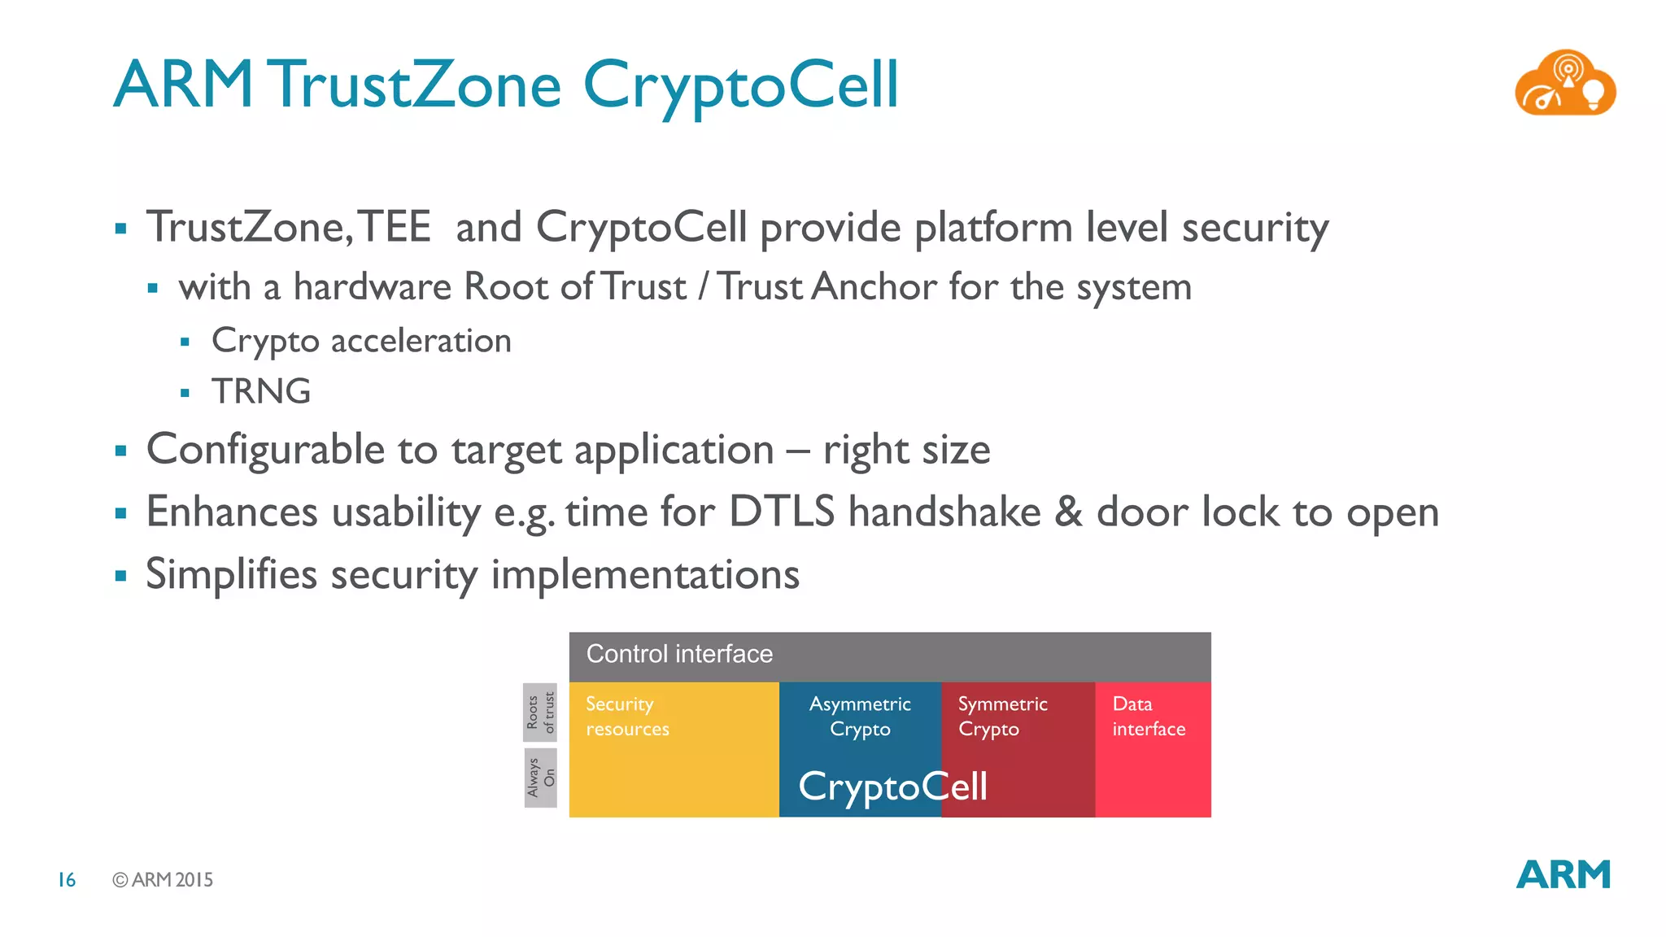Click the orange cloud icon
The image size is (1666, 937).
click(1564, 84)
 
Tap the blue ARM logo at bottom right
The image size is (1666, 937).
click(1563, 875)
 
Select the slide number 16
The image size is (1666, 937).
click(67, 879)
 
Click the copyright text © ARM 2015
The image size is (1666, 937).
click(163, 879)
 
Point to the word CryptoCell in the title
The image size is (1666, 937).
click(740, 86)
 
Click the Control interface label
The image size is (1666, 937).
click(679, 654)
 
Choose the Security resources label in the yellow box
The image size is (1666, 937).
click(627, 716)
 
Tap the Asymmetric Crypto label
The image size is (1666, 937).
click(860, 716)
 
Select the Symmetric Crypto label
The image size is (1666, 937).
click(1002, 716)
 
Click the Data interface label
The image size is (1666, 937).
click(1148, 716)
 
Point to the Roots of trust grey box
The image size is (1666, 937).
click(540, 713)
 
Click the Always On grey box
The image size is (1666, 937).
click(540, 778)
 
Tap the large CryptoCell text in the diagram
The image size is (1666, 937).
click(892, 787)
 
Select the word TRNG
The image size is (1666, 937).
click(261, 391)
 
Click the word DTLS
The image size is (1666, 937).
click(781, 512)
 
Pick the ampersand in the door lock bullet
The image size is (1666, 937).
click(1068, 512)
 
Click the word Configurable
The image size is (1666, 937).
click(265, 450)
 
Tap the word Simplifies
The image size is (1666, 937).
click(231, 574)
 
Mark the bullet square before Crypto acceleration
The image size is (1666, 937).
click(185, 342)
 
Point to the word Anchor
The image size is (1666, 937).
click(874, 287)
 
